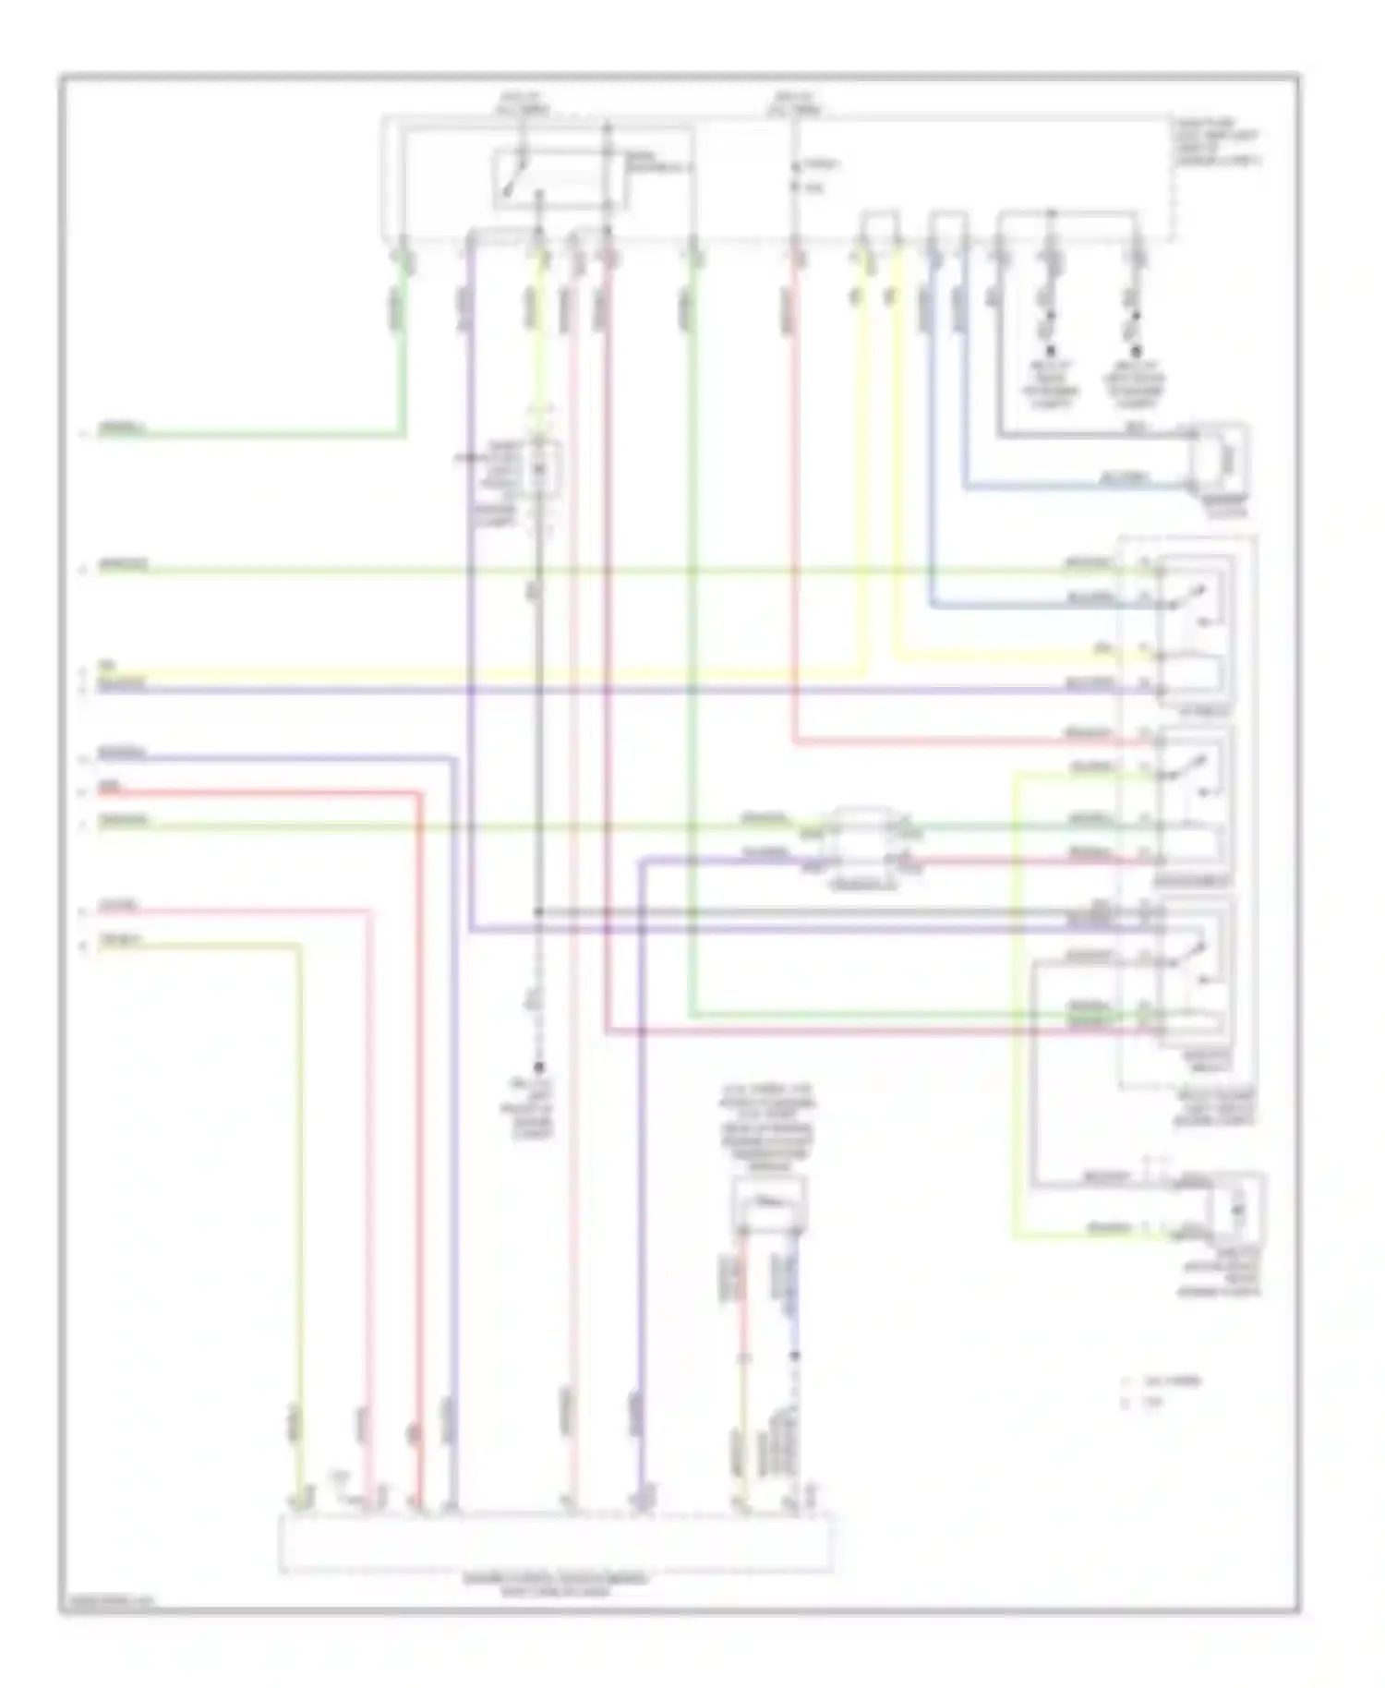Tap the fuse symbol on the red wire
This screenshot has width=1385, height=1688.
[x=796, y=176]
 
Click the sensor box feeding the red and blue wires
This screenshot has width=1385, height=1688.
[x=769, y=1203]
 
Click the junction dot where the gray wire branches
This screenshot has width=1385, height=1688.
[x=539, y=912]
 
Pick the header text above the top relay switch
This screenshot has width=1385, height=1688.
[x=523, y=102]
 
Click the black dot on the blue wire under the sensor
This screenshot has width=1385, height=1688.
[x=794, y=1356]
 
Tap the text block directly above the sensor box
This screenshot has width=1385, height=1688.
[x=768, y=1128]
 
